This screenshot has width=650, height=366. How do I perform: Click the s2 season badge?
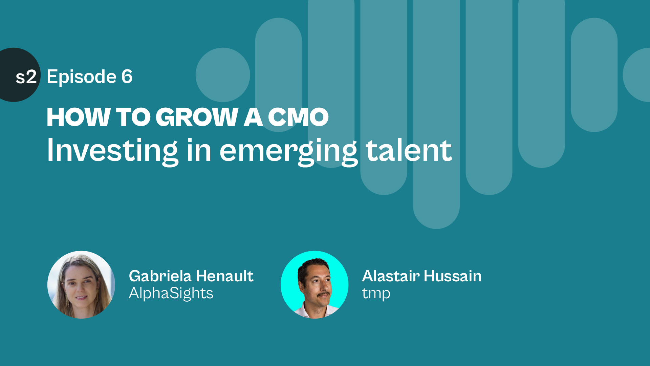(x=19, y=75)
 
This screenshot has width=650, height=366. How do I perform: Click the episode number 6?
(x=127, y=76)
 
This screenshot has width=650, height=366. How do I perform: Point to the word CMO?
(x=298, y=117)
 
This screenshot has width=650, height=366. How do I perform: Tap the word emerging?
(x=288, y=152)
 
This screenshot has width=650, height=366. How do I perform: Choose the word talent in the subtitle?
(x=409, y=150)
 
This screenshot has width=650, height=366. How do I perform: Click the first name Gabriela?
(x=160, y=276)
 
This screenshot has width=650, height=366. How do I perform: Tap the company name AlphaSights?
(x=171, y=293)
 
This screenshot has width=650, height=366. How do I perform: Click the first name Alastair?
(x=391, y=276)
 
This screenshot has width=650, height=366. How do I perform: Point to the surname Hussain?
(x=453, y=276)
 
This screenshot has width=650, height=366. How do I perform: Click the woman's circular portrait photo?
(x=81, y=285)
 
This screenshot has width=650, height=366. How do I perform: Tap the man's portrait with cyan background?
(x=315, y=285)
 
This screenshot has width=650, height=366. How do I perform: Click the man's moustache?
(x=324, y=294)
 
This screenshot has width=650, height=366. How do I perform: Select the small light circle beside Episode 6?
(x=223, y=75)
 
